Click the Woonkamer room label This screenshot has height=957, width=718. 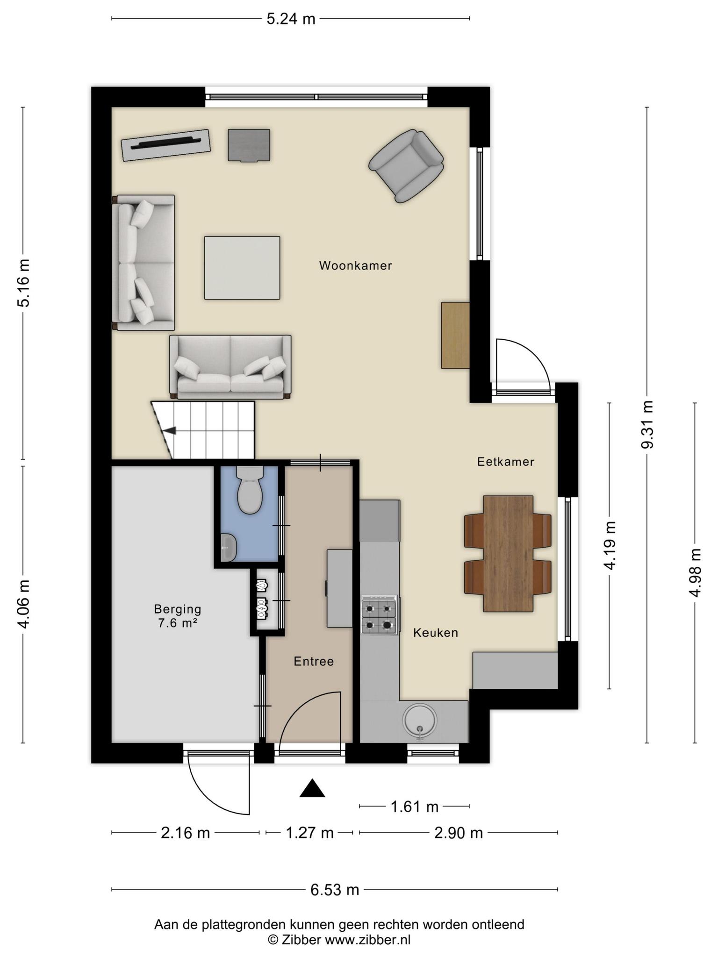tap(355, 265)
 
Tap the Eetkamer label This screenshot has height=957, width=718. tap(506, 462)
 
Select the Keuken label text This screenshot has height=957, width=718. tap(436, 633)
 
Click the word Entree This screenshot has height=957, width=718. tap(314, 661)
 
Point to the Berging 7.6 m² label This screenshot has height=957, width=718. tap(178, 615)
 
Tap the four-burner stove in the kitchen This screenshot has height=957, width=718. tap(379, 615)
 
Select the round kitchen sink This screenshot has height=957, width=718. tap(420, 720)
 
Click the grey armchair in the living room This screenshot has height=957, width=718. tap(406, 165)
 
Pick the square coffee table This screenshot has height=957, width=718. tap(242, 268)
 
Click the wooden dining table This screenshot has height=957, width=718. tap(508, 554)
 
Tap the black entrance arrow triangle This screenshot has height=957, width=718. tap(312, 788)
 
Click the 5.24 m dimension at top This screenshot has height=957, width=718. tap(291, 19)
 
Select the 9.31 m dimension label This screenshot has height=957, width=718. tap(647, 424)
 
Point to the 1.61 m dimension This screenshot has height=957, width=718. tap(415, 807)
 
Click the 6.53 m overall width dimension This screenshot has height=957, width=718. tap(335, 889)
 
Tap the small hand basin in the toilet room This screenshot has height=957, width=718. tap(229, 547)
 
